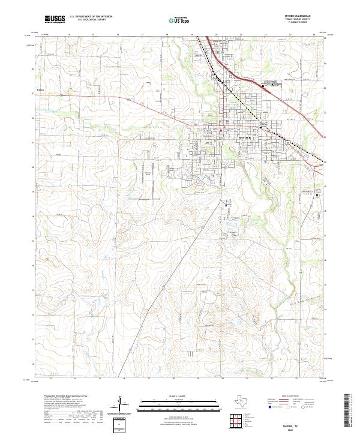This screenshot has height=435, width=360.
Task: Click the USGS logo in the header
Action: pos(55,20)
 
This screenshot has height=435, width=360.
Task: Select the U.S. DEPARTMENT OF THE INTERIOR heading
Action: pos(91,17)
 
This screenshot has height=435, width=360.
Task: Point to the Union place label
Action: pos(41,92)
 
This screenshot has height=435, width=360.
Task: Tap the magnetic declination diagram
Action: pos(123,406)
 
